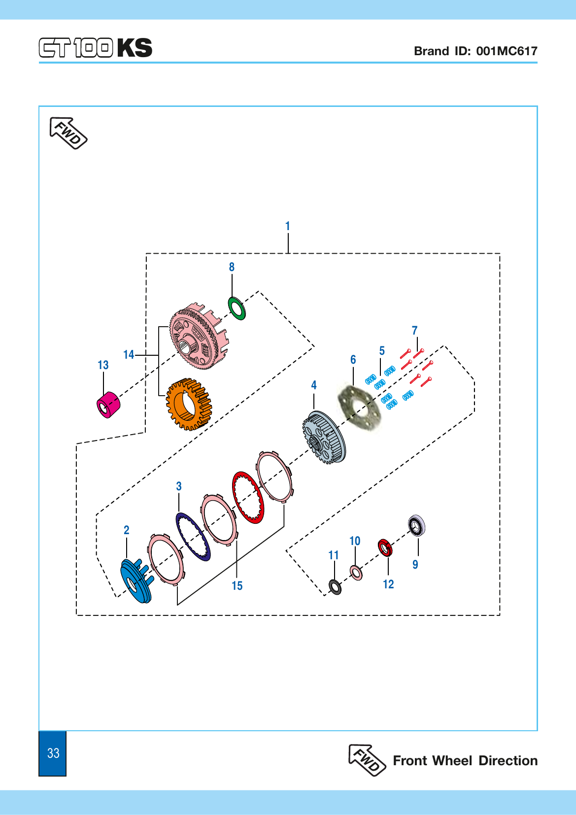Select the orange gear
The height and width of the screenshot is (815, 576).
(189, 404)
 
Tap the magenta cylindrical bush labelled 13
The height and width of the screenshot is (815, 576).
(108, 405)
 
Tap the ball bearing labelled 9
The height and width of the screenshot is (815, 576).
(416, 525)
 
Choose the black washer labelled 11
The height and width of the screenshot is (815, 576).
(335, 587)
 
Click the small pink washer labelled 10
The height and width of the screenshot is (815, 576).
(356, 573)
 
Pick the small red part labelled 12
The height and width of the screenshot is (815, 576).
(385, 547)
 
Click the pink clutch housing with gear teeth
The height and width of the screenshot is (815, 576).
(200, 337)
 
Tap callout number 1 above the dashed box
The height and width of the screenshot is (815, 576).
(287, 226)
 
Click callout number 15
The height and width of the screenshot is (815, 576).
(237, 586)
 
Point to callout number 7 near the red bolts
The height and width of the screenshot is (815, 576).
(414, 330)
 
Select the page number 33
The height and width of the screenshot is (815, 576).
(53, 753)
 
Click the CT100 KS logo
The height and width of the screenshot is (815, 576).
(95, 48)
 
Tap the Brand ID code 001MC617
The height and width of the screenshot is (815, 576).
(507, 51)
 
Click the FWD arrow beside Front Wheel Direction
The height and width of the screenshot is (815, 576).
(367, 760)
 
